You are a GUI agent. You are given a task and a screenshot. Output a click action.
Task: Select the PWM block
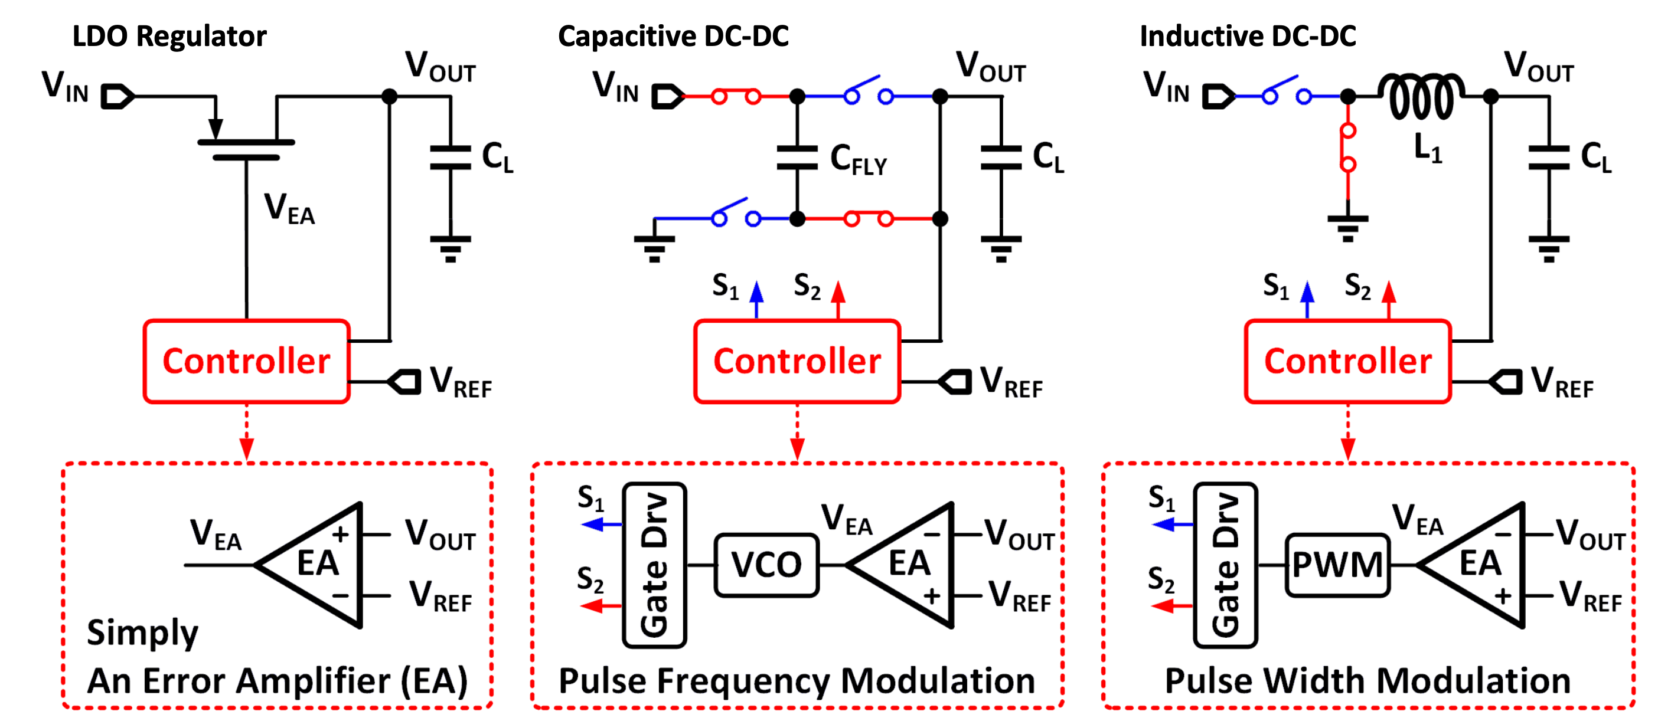pos(1337,565)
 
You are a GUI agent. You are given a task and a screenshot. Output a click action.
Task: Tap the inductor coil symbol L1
pos(1421,97)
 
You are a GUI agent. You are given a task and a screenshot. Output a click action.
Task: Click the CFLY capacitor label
pos(858,159)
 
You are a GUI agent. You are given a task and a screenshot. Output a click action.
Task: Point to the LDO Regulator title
pos(169,37)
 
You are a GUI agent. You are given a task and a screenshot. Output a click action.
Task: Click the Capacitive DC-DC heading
pos(673,37)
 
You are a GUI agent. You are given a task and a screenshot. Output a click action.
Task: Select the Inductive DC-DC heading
pos(1248,37)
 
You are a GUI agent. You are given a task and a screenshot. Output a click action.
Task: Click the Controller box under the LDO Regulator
pos(246,361)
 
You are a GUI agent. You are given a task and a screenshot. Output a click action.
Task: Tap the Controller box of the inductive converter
pos(1348,361)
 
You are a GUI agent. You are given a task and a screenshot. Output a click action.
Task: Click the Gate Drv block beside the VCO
pos(654,565)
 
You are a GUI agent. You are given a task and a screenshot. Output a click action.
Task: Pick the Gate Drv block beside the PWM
pos(1226,565)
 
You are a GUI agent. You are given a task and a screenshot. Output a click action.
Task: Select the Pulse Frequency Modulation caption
pos(797,681)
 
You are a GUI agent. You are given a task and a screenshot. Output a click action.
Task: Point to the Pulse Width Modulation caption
pos(1368,681)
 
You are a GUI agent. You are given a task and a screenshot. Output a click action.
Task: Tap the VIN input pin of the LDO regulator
pos(118,97)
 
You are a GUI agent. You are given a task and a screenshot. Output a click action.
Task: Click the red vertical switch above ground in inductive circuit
pos(1348,148)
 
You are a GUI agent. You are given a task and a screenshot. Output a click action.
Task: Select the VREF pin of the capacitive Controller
pos(955,381)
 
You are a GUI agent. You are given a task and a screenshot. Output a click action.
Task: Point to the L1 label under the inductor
pos(1428,149)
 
